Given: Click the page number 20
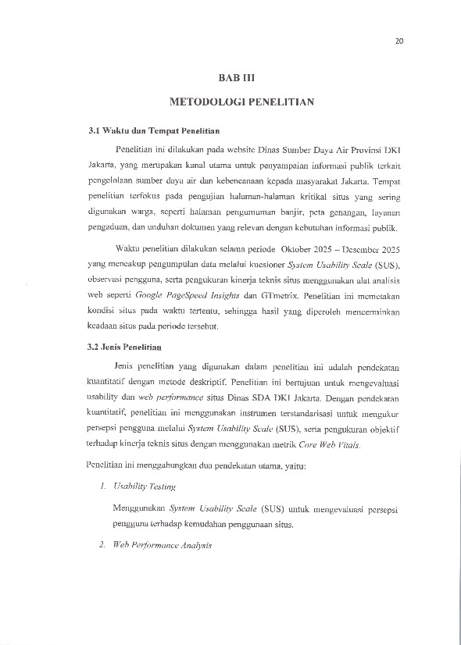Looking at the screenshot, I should click(x=399, y=41).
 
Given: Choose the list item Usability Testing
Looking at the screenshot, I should click(x=145, y=486).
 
